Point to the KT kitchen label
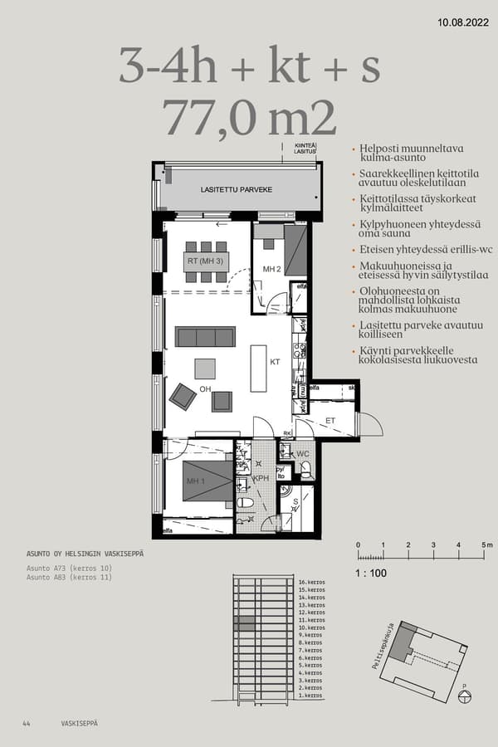coord(275,363)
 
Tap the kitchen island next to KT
coord(258,369)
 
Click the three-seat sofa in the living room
coord(205,336)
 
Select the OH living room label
coord(205,388)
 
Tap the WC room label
coord(302,454)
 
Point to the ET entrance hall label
coord(330,421)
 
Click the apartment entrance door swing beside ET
coord(368,424)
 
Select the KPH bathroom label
coord(261,479)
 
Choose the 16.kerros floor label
coord(310,583)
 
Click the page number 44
coord(27,724)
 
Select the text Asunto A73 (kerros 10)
coord(69,569)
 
